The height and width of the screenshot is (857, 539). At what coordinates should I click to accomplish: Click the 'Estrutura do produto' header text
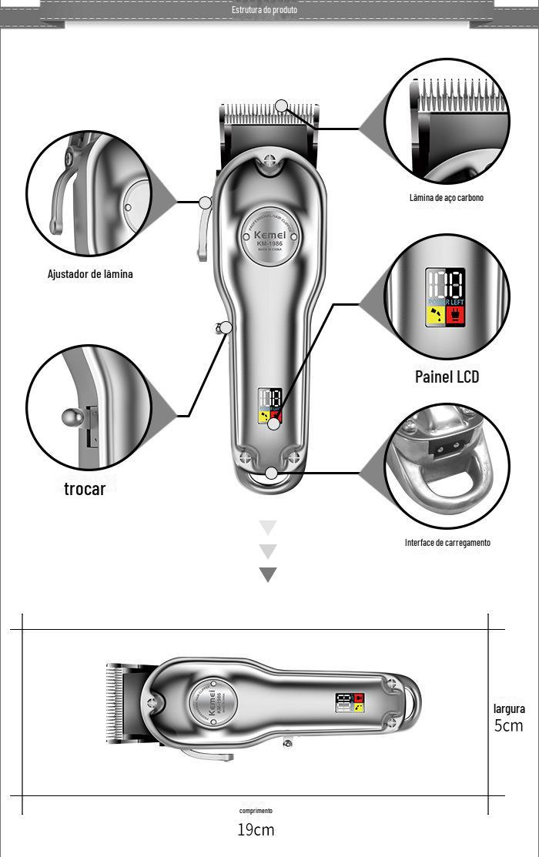(264, 10)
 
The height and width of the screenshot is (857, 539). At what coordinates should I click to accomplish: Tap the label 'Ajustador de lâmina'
(90, 274)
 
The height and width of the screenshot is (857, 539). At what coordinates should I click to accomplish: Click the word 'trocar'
(85, 489)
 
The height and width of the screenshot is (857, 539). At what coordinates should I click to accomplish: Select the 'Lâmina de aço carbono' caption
(447, 198)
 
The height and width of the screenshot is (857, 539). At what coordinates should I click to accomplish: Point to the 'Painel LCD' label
(447, 377)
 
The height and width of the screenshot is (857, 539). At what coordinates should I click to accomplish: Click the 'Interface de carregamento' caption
(447, 543)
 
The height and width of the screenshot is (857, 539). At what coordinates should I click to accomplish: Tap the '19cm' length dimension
(256, 830)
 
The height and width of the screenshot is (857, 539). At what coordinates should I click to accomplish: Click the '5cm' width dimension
(508, 725)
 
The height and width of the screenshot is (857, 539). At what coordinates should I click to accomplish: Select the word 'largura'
(509, 709)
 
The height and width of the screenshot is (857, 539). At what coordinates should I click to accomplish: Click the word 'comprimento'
(256, 811)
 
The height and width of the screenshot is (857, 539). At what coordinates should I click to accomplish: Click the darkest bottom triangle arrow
(268, 574)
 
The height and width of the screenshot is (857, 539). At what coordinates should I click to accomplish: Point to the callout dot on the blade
(282, 105)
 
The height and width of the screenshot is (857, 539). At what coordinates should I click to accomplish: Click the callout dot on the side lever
(206, 203)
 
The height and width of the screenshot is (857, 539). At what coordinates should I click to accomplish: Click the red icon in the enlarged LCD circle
(455, 316)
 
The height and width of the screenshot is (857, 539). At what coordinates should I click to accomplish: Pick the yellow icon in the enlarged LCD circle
(436, 316)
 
